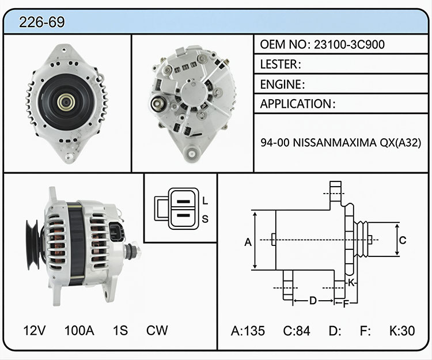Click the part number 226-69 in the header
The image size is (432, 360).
42,22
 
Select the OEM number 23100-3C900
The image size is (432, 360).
349,44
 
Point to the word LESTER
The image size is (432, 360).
279,65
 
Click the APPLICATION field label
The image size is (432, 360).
295,104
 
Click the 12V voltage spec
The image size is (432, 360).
34,330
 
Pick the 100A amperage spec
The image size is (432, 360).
79,330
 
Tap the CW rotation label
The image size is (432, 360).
157,330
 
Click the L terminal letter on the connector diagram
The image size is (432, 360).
204,201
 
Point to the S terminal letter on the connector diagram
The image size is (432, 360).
205,219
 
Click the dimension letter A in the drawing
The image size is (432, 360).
248,242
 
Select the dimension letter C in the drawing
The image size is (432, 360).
403,240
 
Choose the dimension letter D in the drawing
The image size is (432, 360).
313,301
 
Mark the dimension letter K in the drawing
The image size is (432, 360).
351,283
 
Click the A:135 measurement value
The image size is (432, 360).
248,331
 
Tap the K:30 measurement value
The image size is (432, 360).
402,331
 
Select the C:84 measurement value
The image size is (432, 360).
297,331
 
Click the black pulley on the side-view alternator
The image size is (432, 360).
33,245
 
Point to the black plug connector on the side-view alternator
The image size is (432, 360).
116,232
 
